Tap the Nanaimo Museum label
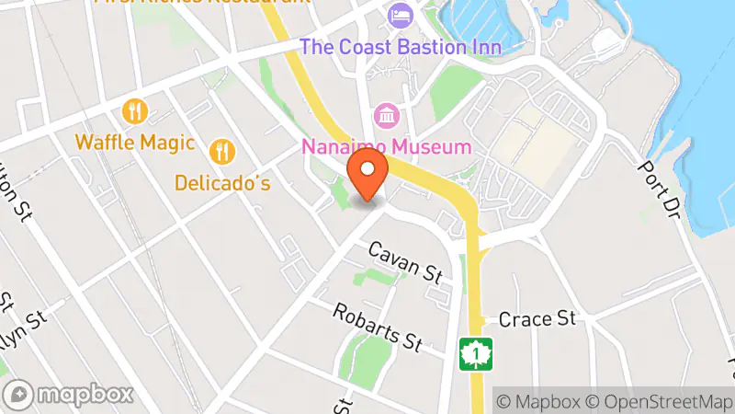pos(387,146)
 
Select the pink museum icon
pos(386,117)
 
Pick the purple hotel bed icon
pos(400,15)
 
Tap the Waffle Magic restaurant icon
pos(135,112)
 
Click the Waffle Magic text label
pos(135,143)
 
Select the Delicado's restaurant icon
pos(221,150)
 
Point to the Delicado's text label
pos(223,183)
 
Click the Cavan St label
pos(406,261)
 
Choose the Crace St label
pos(537,319)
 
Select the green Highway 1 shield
pos(477,353)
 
